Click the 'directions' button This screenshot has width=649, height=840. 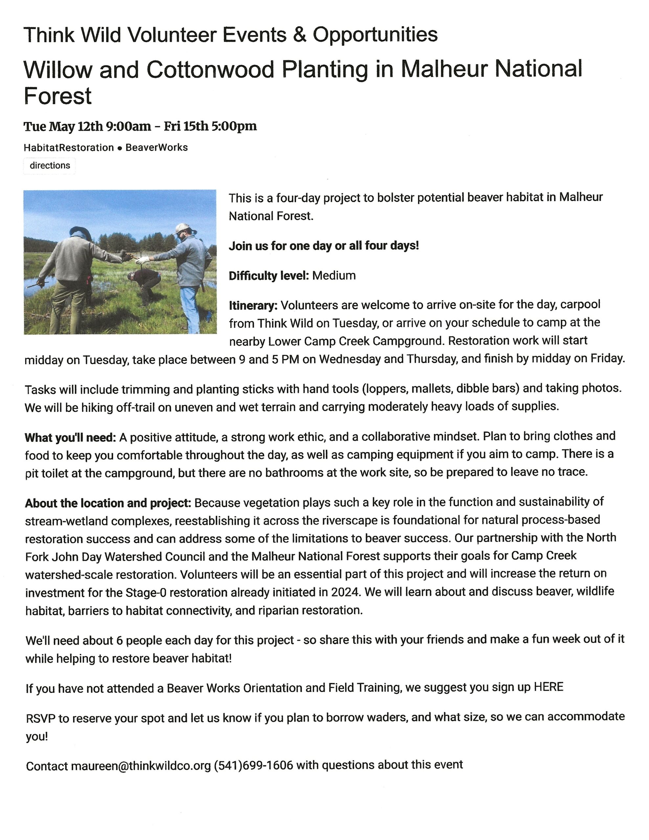50,166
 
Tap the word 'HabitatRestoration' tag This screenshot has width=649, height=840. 69,148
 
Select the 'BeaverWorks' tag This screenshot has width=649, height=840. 156,148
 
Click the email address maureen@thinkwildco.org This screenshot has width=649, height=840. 141,766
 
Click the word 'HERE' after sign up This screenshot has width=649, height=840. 548,687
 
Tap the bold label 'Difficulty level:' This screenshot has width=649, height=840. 268,276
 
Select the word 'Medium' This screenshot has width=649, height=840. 334,276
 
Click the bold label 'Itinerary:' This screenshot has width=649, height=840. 253,306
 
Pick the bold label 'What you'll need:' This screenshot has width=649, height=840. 70,437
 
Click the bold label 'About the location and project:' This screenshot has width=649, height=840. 108,503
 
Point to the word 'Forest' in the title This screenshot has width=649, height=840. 58,96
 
